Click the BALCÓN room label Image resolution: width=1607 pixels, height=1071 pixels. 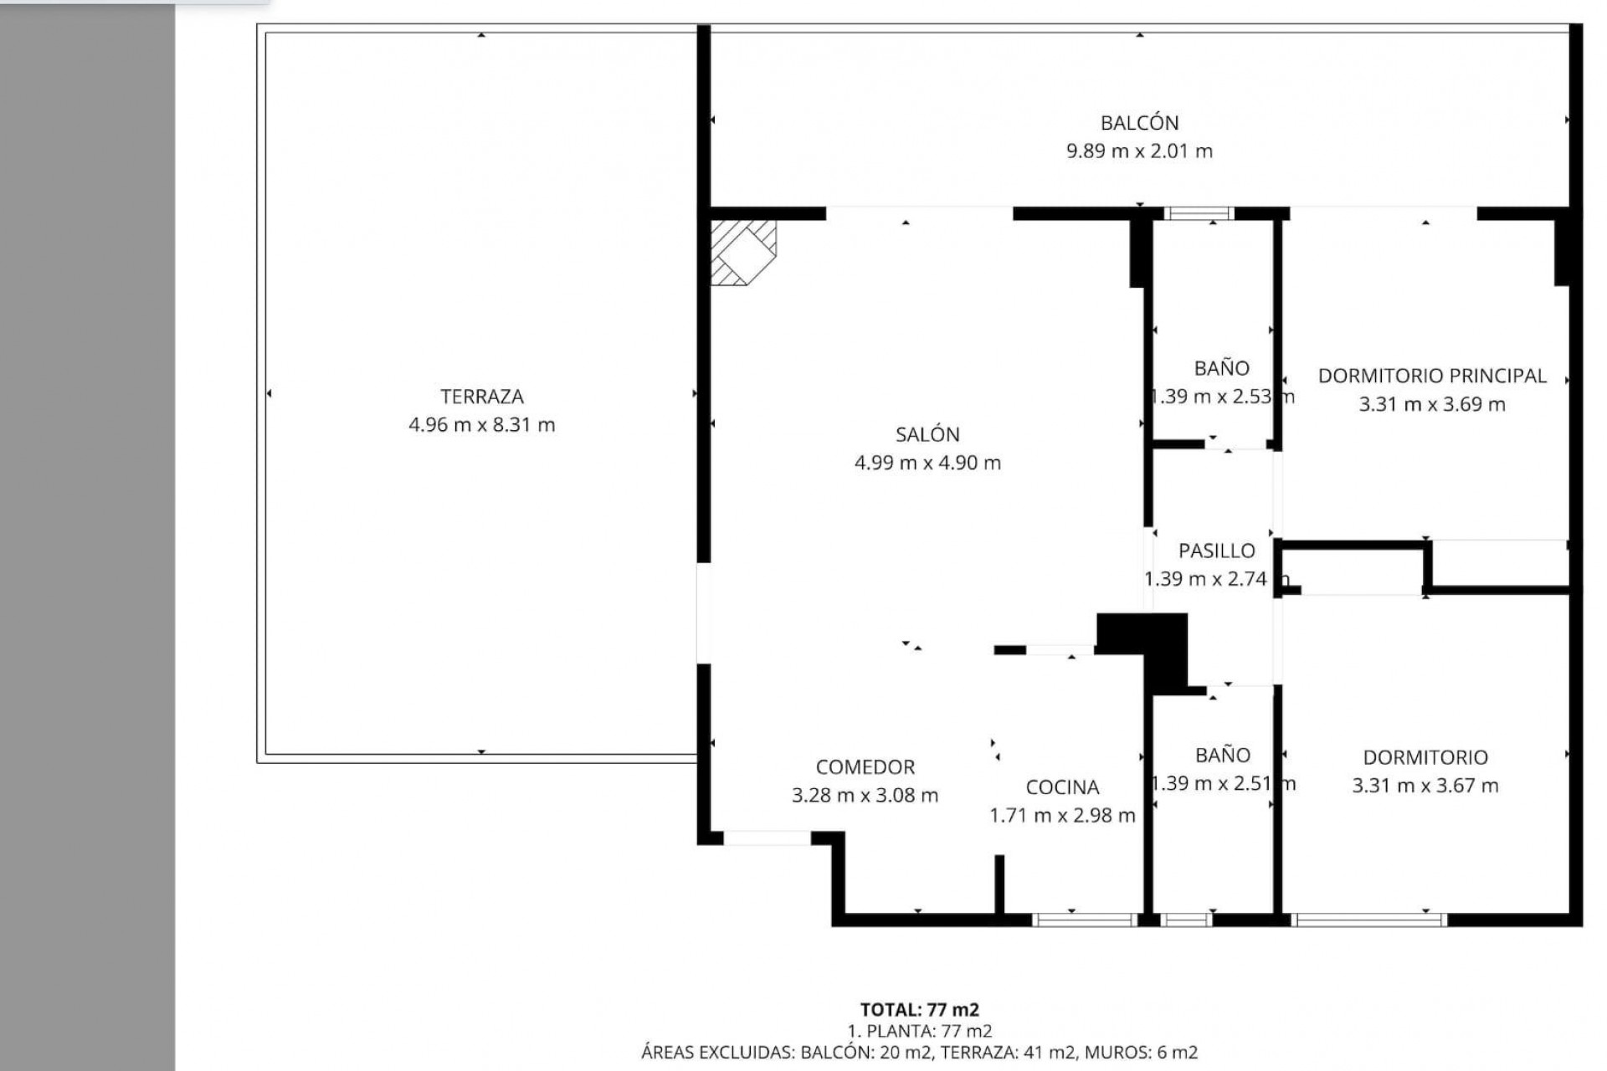[x=1139, y=123]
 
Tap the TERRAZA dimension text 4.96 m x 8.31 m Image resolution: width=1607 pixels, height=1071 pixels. [x=481, y=425]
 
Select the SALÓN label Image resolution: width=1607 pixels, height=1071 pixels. [x=927, y=434]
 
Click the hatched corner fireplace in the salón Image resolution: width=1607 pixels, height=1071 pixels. [x=742, y=252]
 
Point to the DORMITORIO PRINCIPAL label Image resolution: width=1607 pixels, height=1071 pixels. [x=1431, y=376]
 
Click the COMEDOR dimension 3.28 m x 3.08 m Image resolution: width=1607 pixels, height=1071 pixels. [x=865, y=796]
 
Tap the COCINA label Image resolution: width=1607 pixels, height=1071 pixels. [x=1062, y=787]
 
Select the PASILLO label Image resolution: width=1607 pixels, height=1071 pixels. [x=1216, y=551]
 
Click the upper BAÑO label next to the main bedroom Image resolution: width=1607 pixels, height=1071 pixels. [x=1221, y=368]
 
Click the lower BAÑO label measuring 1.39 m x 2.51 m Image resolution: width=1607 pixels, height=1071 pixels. [x=1222, y=756]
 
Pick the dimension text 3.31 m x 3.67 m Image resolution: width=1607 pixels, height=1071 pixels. [x=1425, y=786]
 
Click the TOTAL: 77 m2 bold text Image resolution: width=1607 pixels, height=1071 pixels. [x=919, y=1010]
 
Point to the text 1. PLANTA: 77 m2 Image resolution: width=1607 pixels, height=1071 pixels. [x=919, y=1032]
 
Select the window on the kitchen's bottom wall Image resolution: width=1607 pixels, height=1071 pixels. [x=1084, y=920]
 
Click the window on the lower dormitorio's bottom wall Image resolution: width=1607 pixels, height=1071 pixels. [x=1368, y=920]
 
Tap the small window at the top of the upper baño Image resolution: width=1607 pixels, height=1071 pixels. [x=1199, y=213]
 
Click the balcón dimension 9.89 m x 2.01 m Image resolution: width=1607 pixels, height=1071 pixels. [x=1139, y=151]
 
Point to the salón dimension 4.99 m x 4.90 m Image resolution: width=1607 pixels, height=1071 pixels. [x=927, y=463]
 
